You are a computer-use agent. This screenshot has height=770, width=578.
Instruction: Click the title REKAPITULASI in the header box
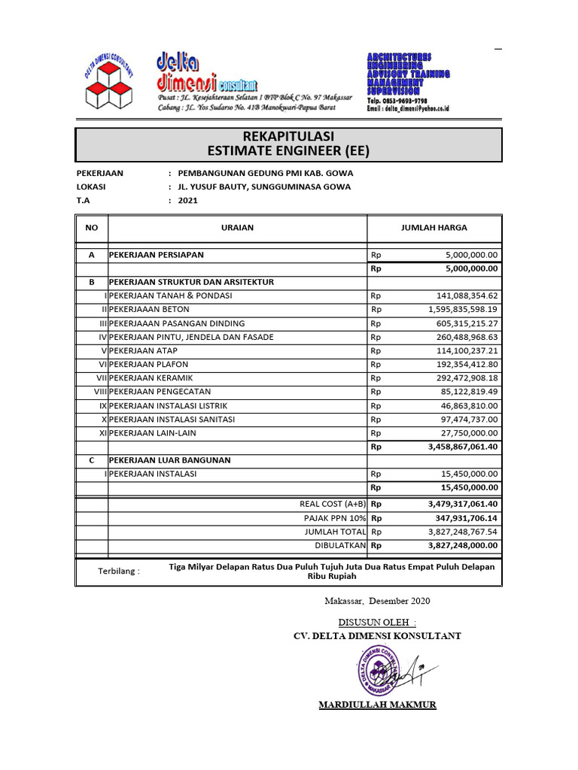point(288,135)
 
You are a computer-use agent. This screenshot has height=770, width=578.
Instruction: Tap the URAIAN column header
point(237,227)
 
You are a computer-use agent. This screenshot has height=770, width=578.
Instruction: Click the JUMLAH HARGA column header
point(434,227)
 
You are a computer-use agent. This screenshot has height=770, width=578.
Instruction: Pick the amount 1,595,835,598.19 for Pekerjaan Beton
point(463,309)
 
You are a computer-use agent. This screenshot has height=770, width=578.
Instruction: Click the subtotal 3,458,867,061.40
point(463,447)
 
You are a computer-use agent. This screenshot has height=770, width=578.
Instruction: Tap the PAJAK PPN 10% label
point(335,518)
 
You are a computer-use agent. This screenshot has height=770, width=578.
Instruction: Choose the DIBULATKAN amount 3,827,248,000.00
point(463,545)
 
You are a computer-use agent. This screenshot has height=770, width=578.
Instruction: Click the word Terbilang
point(119,571)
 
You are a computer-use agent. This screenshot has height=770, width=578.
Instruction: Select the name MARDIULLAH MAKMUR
point(377,705)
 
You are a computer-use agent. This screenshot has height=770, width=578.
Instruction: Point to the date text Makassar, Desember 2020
point(378,601)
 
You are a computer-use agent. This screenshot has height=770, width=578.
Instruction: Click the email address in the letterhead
point(407,109)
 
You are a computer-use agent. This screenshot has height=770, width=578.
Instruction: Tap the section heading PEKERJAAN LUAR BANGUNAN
point(170,460)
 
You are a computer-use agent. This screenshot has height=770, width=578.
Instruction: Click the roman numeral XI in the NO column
point(102,433)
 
